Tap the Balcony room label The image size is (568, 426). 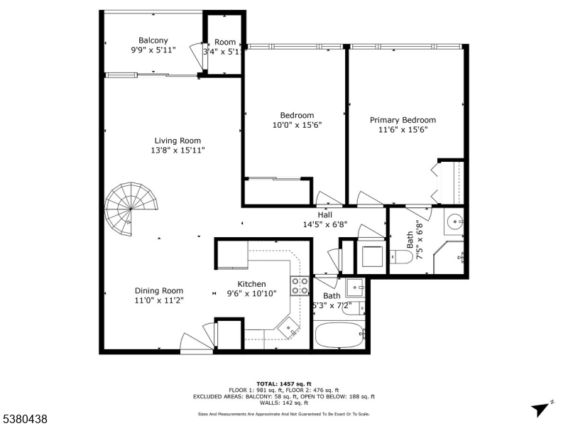(x=153, y=40)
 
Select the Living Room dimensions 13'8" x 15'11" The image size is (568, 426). (x=177, y=151)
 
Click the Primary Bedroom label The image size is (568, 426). (x=403, y=120)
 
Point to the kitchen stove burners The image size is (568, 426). (x=300, y=285)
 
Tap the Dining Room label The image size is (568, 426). (x=159, y=290)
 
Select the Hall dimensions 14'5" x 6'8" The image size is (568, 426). (x=324, y=224)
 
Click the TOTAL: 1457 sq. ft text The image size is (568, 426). (x=283, y=383)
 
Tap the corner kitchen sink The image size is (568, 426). (x=288, y=327)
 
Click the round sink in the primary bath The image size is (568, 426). (x=454, y=222)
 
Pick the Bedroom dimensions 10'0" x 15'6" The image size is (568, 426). (x=297, y=125)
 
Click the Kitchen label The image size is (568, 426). (x=251, y=283)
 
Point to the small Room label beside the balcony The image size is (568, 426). (x=225, y=43)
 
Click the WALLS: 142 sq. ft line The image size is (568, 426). (x=283, y=403)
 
